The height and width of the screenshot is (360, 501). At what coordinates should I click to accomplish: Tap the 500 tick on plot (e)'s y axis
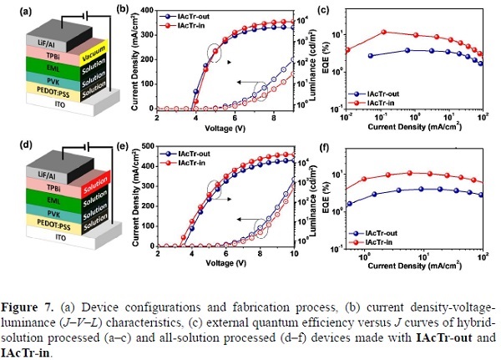(147, 145)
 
